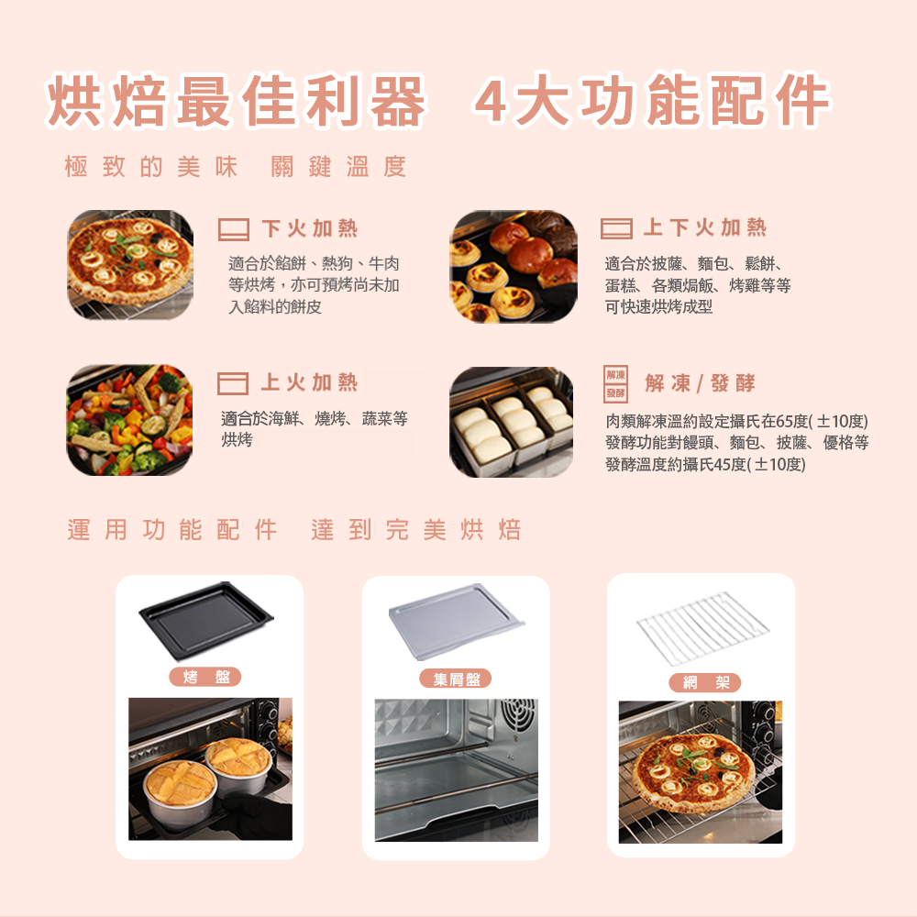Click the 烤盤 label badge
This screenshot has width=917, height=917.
(205, 677)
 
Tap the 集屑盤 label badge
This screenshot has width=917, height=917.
(456, 679)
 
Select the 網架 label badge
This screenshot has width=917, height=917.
(705, 682)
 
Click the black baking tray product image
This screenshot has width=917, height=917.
(205, 620)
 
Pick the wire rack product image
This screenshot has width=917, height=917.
(703, 629)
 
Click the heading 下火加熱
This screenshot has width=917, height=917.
(310, 228)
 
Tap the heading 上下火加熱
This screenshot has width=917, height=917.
(705, 227)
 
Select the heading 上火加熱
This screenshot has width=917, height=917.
(309, 382)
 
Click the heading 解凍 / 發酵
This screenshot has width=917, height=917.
(701, 383)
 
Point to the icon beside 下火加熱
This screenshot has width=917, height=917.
(233, 229)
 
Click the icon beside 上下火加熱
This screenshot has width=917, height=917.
(616, 228)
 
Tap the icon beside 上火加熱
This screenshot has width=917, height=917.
(233, 383)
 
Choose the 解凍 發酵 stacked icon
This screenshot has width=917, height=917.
(616, 384)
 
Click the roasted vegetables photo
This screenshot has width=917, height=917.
(130, 420)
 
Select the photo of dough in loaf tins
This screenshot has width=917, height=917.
(512, 422)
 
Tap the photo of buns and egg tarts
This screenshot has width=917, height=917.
(513, 266)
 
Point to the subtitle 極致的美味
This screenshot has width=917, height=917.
(151, 167)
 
